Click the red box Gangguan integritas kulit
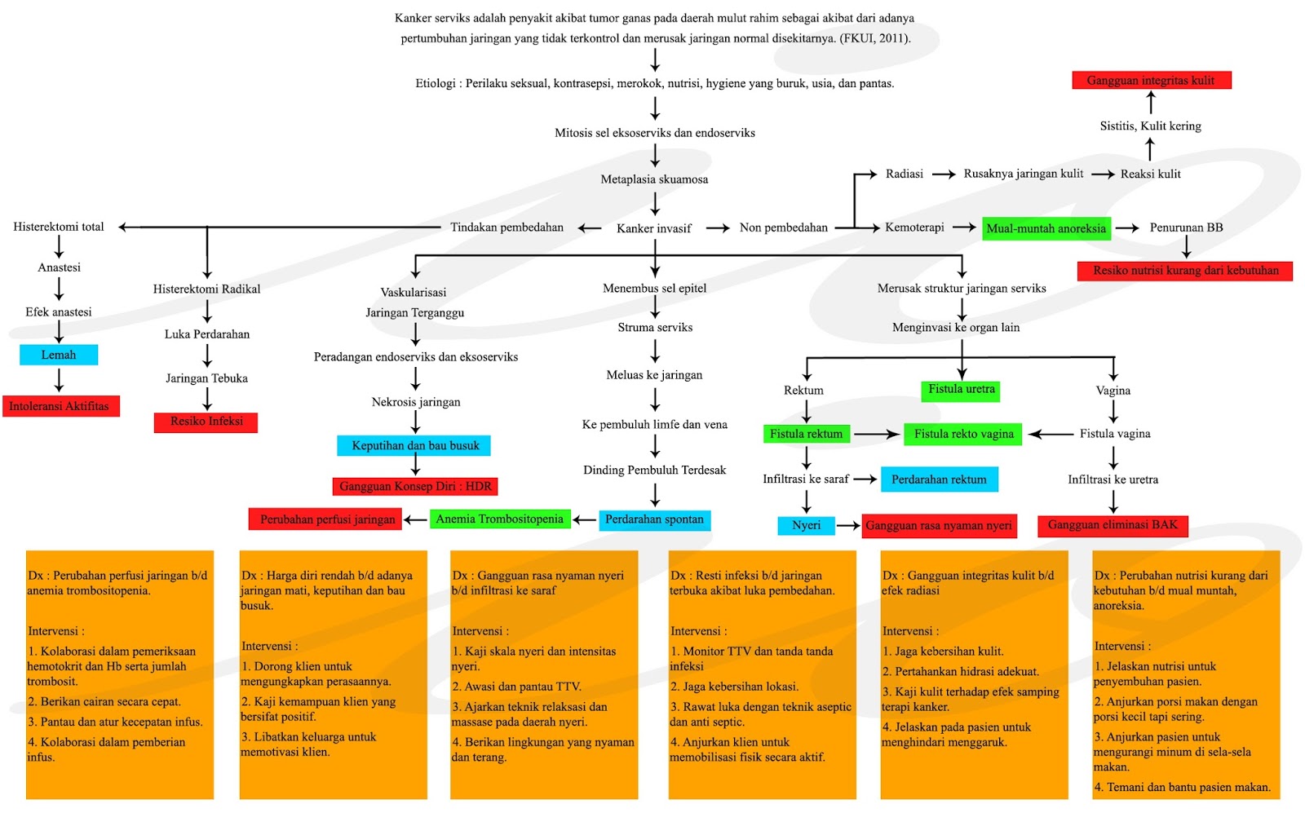click(x=1151, y=80)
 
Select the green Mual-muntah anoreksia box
click(x=1046, y=228)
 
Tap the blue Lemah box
click(x=59, y=355)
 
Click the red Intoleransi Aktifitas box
click(x=60, y=406)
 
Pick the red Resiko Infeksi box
click(x=206, y=422)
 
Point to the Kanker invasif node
click(x=653, y=228)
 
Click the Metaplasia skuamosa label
click(x=654, y=179)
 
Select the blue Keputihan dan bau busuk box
click(x=414, y=445)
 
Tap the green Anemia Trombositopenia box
click(x=499, y=519)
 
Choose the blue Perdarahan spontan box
click(x=654, y=519)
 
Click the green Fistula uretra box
click(x=962, y=390)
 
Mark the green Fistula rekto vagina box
click(x=964, y=434)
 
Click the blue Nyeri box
click(x=806, y=525)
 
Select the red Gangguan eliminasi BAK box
click(x=1113, y=525)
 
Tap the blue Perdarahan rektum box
click(x=939, y=479)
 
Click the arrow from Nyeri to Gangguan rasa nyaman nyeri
click(x=848, y=525)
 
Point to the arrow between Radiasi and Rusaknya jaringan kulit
click(x=944, y=174)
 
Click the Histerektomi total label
click(x=59, y=227)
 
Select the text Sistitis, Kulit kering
click(x=1150, y=126)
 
